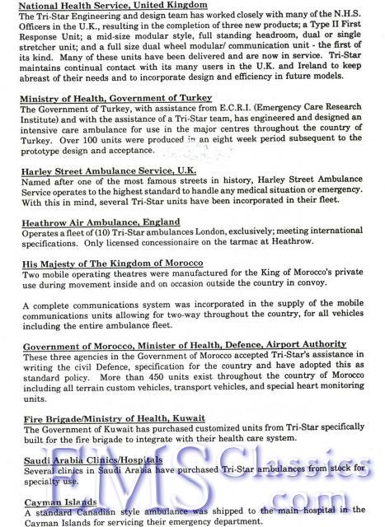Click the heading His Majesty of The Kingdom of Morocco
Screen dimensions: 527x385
(x=115, y=263)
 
